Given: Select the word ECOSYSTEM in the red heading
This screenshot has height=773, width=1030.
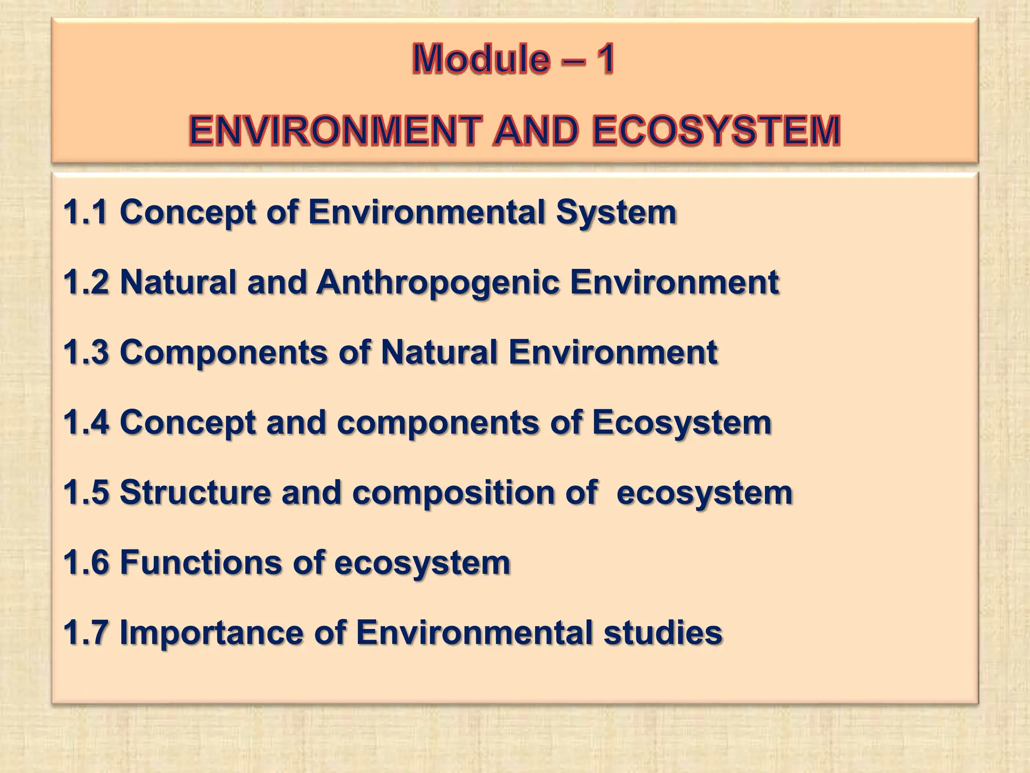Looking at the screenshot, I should coord(716,131).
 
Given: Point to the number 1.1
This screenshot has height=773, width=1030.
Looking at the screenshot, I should coord(85,212).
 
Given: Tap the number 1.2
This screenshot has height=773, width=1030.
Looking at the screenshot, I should coord(85,282).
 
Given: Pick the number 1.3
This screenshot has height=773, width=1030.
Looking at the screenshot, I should coord(85,352).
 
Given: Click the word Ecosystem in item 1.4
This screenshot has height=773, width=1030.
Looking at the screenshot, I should coord(681,423).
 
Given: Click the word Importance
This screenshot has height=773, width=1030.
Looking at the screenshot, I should coord(211,633).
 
